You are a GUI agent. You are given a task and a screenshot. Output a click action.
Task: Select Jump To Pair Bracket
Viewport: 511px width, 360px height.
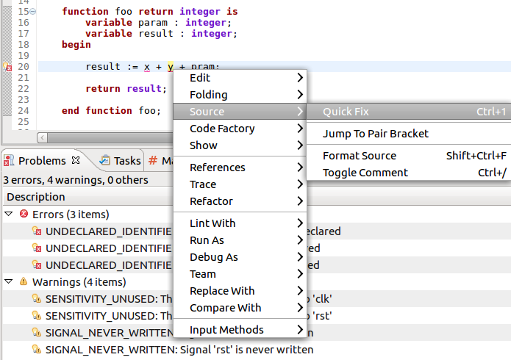(x=375, y=134)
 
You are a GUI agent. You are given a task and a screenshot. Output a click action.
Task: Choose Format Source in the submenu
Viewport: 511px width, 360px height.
(x=360, y=156)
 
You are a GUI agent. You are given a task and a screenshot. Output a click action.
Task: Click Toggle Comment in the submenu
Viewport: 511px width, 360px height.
(x=365, y=173)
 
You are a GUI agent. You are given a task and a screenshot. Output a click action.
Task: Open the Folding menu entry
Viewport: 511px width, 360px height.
(x=208, y=95)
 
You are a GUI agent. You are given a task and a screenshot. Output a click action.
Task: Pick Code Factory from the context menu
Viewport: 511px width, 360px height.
(x=222, y=129)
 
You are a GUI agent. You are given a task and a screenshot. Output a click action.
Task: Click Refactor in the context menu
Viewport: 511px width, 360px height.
(x=211, y=201)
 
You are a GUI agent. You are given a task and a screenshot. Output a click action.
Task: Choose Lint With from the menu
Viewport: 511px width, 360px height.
(x=212, y=223)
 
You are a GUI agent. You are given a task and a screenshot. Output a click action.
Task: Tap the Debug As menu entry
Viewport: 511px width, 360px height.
(x=213, y=257)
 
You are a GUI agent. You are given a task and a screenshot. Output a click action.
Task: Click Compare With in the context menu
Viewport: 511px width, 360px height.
(x=225, y=308)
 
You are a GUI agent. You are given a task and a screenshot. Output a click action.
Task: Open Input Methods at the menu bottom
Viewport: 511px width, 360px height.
(x=226, y=330)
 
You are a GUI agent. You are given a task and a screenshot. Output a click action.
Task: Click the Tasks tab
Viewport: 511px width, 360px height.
(x=126, y=160)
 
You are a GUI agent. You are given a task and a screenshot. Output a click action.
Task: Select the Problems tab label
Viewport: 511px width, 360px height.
(x=42, y=160)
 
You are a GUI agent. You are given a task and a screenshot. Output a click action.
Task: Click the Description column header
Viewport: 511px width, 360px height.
(x=35, y=197)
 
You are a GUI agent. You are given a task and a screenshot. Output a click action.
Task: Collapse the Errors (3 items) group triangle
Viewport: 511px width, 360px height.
(x=8, y=215)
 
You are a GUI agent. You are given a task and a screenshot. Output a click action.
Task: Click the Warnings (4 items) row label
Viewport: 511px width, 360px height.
(x=79, y=282)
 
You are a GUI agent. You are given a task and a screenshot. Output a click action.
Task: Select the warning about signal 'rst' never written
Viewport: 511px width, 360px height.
(x=179, y=350)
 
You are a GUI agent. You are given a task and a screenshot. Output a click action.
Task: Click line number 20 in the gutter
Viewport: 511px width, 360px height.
(x=23, y=67)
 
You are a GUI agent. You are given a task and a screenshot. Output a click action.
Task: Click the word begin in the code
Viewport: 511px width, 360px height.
(x=76, y=45)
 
